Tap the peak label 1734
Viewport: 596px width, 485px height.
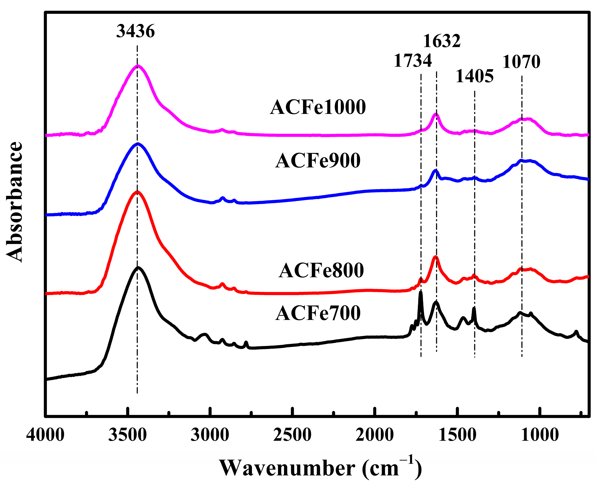click(413, 61)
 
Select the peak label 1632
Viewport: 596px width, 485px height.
click(442, 41)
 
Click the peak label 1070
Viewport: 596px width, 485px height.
click(521, 62)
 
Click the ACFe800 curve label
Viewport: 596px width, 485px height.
click(321, 270)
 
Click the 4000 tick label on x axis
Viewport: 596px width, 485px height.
click(45, 435)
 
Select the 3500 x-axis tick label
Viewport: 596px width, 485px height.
click(128, 435)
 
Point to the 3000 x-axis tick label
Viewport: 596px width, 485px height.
click(210, 435)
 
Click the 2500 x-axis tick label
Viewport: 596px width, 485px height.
click(292, 435)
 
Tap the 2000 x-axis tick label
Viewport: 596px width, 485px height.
click(375, 435)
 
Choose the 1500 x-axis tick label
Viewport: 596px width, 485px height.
click(457, 435)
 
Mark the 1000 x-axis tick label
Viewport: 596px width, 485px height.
click(540, 435)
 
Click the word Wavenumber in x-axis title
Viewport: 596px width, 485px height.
click(287, 468)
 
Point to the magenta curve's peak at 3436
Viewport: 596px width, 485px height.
click(137, 66)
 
